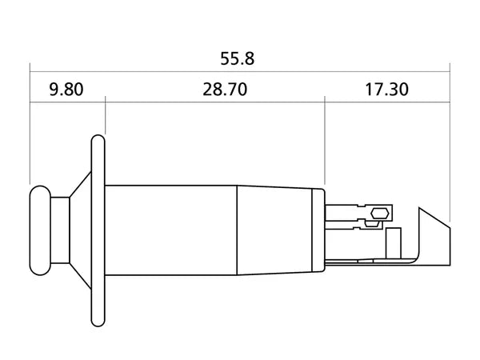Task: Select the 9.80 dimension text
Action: (x=66, y=89)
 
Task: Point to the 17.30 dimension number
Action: (x=386, y=89)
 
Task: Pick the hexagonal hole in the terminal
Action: (x=381, y=214)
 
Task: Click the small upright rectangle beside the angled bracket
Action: (x=393, y=242)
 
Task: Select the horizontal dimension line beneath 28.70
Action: (x=214, y=102)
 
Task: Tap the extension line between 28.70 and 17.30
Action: (x=324, y=144)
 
